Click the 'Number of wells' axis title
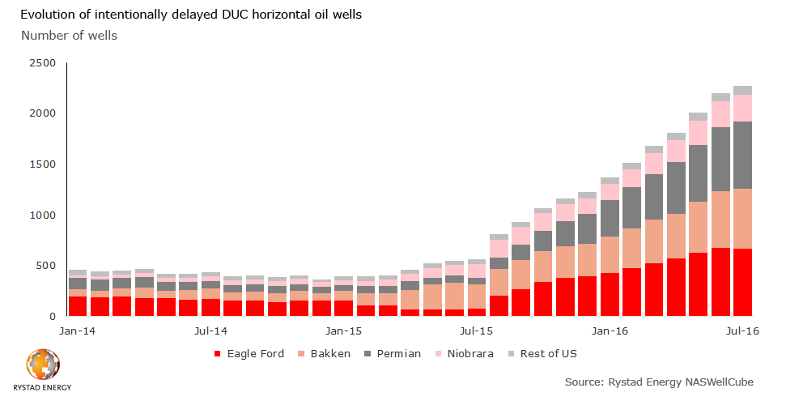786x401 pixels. tap(69, 35)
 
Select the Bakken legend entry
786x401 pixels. tap(325, 354)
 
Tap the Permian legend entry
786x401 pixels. tap(392, 354)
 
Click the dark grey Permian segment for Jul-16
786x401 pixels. tap(742, 155)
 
